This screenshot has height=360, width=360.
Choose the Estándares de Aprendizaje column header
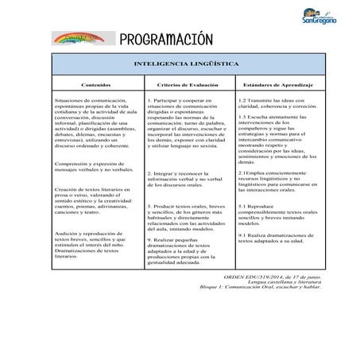(273, 83)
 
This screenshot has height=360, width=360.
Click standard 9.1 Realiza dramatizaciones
(274, 238)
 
